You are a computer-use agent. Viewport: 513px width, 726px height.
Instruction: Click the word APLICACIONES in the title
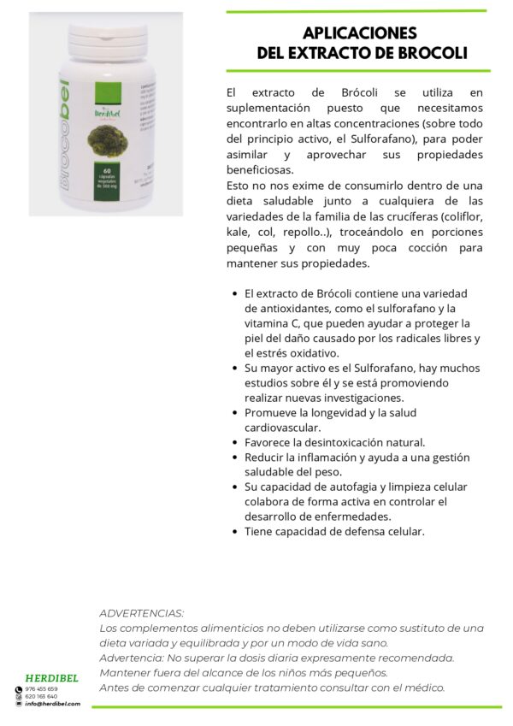(x=360, y=33)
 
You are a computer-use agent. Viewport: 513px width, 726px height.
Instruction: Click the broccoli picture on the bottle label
(x=101, y=142)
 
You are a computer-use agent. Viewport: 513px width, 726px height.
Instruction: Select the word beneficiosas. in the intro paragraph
(x=266, y=170)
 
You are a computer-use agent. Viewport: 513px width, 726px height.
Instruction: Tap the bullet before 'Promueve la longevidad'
(x=235, y=412)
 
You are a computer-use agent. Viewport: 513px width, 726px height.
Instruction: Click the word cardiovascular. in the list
(x=282, y=427)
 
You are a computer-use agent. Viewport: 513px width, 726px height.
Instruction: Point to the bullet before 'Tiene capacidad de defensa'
(x=235, y=531)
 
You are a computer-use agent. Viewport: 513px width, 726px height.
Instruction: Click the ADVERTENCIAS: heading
(x=141, y=613)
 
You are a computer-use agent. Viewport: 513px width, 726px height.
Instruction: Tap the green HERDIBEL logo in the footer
(x=52, y=678)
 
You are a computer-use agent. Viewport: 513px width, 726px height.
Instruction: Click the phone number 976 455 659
(x=42, y=688)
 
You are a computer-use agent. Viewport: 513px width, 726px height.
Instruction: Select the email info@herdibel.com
(x=52, y=704)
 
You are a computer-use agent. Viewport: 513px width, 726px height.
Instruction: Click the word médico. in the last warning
(x=422, y=687)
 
